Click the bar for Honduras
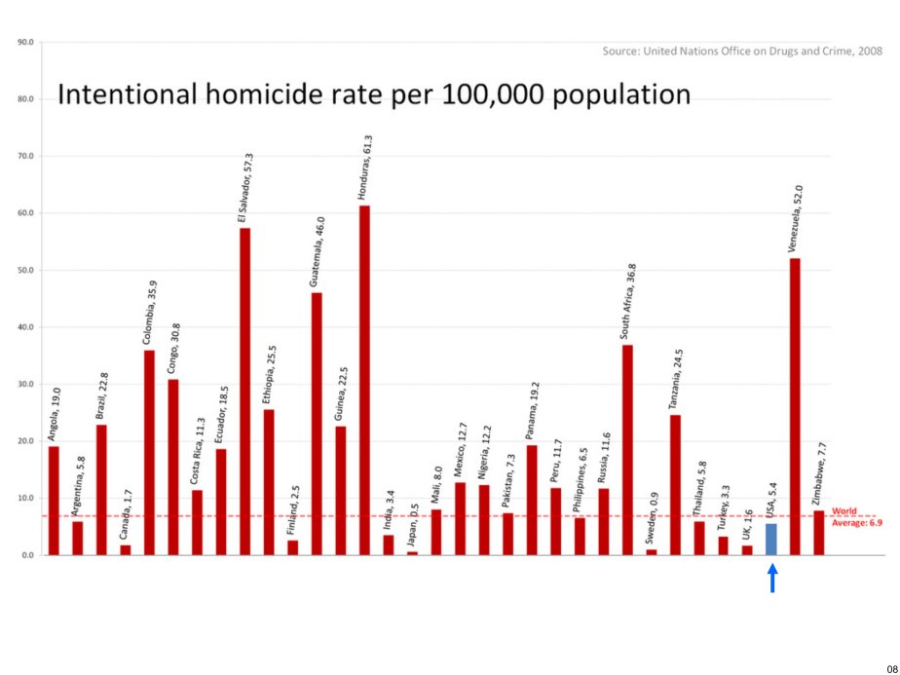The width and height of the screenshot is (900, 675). pos(364,380)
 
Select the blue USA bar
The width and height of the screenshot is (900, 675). pos(771,539)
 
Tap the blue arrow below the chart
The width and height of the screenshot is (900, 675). pos(771,579)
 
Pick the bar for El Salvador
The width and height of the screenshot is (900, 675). pos(244,391)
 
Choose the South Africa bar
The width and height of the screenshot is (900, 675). pos(627,449)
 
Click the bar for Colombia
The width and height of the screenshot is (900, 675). pos(149,452)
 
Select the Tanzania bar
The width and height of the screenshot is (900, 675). pos(675,484)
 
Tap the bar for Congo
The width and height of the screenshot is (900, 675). pos(173,467)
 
